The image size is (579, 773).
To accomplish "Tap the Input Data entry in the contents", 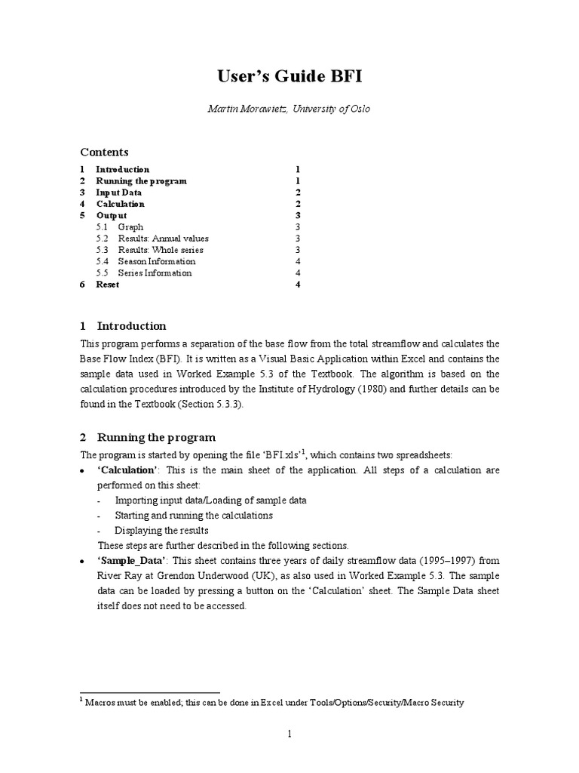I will click(118, 192).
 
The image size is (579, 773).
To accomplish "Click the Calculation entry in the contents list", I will click(120, 204).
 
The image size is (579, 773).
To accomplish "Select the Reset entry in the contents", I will click(107, 285).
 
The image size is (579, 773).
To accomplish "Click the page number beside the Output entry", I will click(299, 215).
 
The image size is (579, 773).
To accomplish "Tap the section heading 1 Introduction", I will click(123, 326).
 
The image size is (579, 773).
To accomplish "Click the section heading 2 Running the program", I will click(147, 437).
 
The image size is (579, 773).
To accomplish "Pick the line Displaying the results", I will click(161, 530).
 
